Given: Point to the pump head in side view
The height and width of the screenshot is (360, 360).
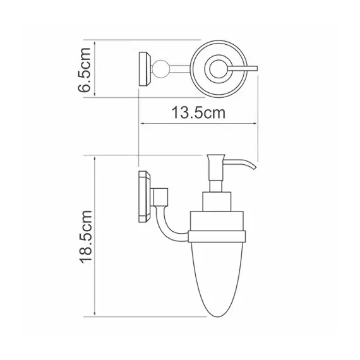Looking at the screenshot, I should click(213, 162).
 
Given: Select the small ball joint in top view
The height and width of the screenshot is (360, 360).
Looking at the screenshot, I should click(161, 68).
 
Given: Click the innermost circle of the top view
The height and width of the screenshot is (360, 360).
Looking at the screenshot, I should click(217, 67).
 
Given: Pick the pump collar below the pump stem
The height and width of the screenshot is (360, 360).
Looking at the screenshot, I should click(213, 203).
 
